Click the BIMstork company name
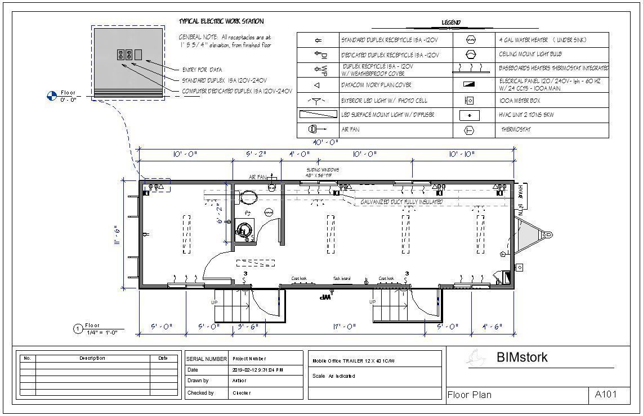click(521, 358)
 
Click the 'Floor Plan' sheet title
click(469, 395)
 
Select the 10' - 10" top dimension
click(462, 154)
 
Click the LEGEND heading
click(451, 22)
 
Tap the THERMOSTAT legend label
click(516, 130)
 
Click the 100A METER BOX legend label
click(519, 101)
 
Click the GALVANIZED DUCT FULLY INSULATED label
click(401, 202)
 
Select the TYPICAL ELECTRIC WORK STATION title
click(221, 21)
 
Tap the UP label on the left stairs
click(214, 302)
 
